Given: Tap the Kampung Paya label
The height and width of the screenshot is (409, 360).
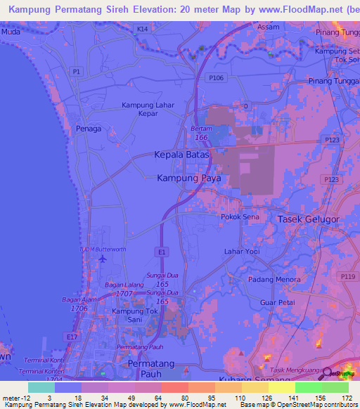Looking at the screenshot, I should [189, 178].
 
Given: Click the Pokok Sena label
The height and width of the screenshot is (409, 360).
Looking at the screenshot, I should [240, 218].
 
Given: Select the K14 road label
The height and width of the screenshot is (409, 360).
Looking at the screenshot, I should [143, 29].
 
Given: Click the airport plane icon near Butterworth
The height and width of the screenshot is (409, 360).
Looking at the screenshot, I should [104, 258].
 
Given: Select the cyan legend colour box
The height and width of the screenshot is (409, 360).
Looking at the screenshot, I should [41, 387].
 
